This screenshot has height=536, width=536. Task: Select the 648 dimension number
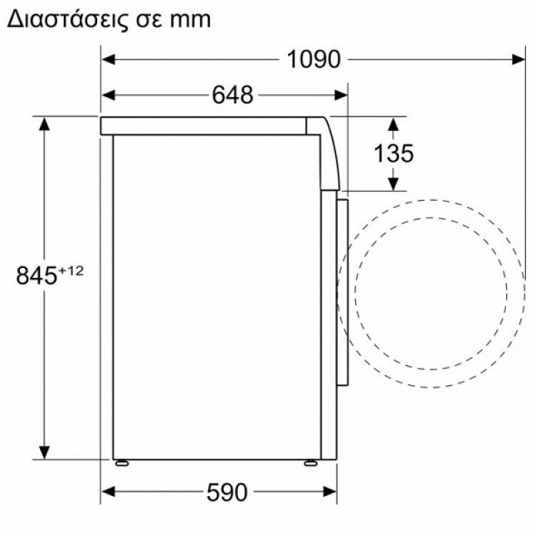[232, 94]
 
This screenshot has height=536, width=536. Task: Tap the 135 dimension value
[393, 153]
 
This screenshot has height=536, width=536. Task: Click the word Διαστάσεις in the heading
[61, 19]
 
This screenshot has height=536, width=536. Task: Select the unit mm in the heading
[189, 20]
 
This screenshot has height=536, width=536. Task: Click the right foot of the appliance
[311, 462]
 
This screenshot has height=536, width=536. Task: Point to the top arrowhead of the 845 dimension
[44, 124]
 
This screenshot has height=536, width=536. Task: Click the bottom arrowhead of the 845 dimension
[44, 450]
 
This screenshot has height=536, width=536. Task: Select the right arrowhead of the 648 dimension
[341, 94]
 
